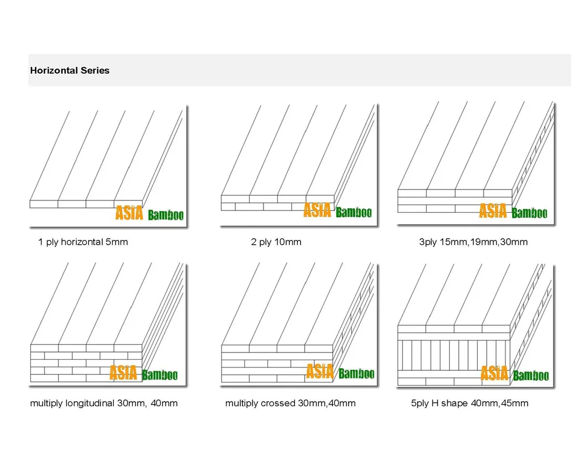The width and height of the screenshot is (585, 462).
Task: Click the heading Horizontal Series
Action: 70,71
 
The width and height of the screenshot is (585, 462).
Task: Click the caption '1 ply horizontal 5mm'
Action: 83,242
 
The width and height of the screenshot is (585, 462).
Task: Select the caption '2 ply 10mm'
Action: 276,242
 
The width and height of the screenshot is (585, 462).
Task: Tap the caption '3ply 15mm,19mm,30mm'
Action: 473,242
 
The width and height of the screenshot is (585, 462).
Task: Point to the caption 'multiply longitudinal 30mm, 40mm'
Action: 104,403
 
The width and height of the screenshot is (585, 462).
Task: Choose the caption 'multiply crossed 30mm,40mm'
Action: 290,403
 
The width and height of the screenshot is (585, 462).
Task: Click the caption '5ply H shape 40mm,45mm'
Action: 470,403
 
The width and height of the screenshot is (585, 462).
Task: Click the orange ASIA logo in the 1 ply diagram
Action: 129,213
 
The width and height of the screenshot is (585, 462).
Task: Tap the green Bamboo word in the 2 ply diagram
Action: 354,212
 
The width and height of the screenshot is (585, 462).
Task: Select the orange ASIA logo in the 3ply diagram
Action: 493,211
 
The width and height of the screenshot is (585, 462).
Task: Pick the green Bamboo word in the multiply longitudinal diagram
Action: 160,375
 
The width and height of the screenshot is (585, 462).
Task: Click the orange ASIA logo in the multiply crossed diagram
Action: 320,371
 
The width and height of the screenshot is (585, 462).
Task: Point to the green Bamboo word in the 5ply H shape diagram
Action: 531,375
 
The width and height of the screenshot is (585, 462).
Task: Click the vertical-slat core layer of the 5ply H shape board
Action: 454,355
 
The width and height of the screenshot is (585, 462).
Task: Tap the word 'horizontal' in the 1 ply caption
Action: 82,242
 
